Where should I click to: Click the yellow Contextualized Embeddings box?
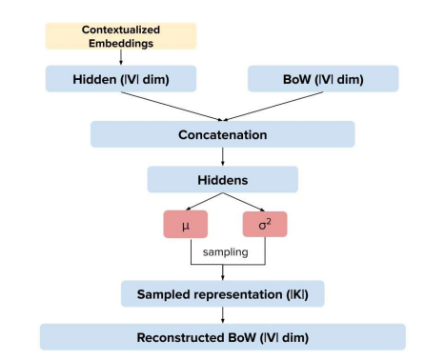point(121,36)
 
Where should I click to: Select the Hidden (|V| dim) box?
point(121,79)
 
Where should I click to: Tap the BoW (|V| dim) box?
point(323,79)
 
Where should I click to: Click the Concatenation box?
point(222,134)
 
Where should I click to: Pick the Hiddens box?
point(222,179)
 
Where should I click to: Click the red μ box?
point(186,224)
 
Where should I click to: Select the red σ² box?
point(265,224)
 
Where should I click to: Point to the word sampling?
point(225,252)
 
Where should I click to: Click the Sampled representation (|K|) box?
point(222,293)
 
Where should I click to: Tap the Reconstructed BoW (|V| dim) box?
point(222,337)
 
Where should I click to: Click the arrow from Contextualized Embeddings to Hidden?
point(121,57)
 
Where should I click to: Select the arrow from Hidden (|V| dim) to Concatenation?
point(172,107)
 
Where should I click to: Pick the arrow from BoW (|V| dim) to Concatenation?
point(273,107)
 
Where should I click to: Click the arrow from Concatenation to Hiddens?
point(222,157)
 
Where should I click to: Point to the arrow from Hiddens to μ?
point(204,201)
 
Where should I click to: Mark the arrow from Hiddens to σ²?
point(244,202)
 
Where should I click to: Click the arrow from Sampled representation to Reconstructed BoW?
point(222,315)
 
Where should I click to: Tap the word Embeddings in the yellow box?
point(121,43)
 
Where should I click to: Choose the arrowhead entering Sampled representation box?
point(222,278)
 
